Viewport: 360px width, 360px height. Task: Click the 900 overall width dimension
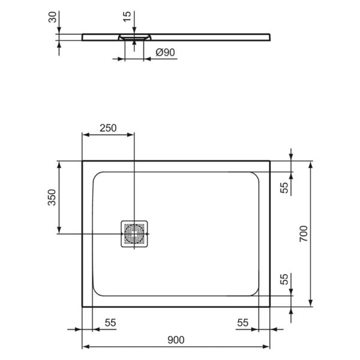(175, 340)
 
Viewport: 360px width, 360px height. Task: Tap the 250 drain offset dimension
(108, 128)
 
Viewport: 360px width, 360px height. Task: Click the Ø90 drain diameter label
(165, 53)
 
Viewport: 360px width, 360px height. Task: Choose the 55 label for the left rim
(110, 322)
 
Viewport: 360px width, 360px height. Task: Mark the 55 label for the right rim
(242, 322)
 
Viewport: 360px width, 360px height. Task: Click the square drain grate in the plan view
(134, 233)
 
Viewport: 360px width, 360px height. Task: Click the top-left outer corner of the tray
(82, 161)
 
